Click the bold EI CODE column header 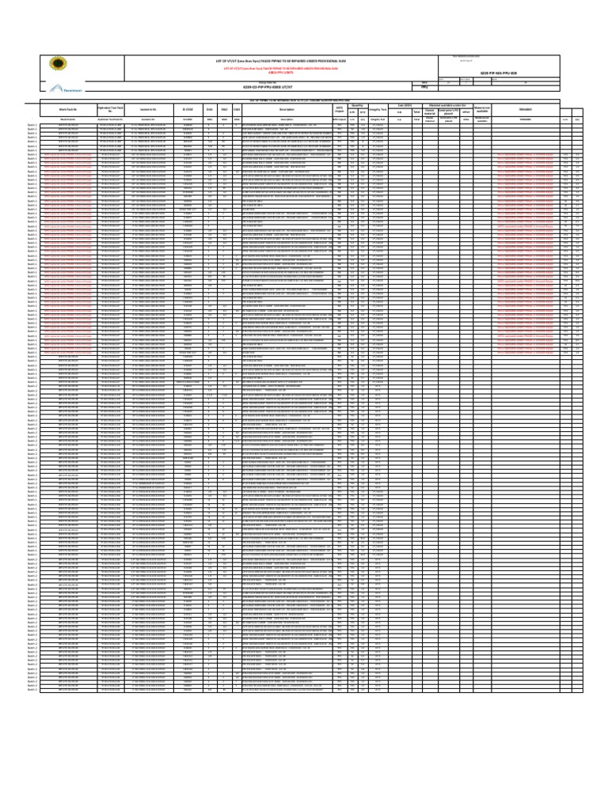coord(188,109)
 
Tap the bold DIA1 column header coord(211,109)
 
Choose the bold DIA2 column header coord(225,109)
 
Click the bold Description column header coord(275,109)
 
